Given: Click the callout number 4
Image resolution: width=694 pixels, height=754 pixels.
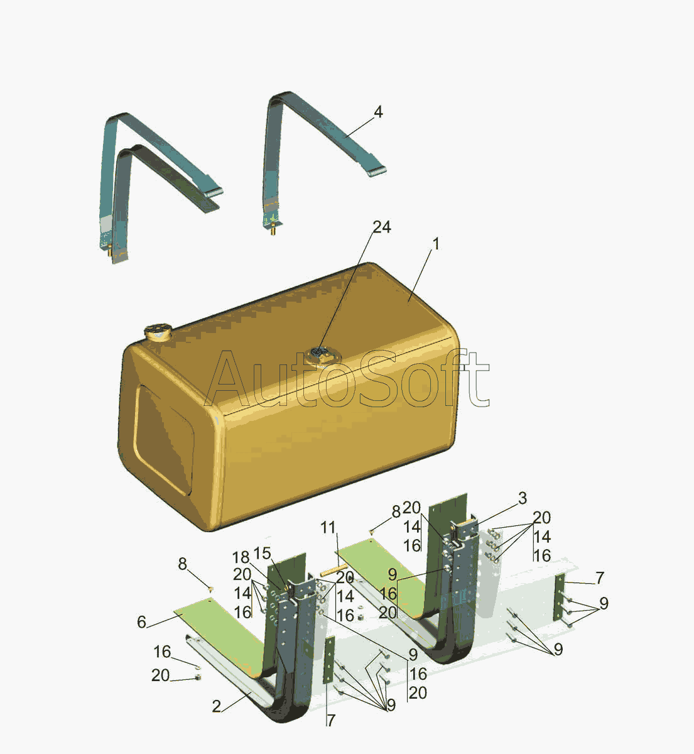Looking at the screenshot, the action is pyautogui.click(x=378, y=112).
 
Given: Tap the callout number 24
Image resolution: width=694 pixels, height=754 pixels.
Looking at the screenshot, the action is pyautogui.click(x=382, y=227).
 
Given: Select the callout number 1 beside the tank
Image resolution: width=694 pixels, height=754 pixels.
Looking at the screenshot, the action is pyautogui.click(x=436, y=244).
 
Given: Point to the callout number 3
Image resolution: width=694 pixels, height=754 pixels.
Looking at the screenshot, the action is pyautogui.click(x=523, y=498).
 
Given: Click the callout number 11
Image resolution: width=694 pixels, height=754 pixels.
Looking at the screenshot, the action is pyautogui.click(x=328, y=528).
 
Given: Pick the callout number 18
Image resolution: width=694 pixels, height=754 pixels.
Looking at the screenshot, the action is pyautogui.click(x=241, y=557).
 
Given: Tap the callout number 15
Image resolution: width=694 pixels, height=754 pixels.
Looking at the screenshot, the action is pyautogui.click(x=263, y=553).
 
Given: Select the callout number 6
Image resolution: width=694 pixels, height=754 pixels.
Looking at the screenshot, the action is pyautogui.click(x=142, y=622).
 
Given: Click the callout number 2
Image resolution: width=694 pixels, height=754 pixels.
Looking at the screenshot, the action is pyautogui.click(x=217, y=707).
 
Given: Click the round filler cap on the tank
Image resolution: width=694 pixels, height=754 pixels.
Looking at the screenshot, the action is pyautogui.click(x=158, y=332).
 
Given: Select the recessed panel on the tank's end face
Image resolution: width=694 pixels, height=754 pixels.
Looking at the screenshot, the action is pyautogui.click(x=164, y=440).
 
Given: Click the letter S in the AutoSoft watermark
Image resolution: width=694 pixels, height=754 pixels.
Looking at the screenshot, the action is pyautogui.click(x=376, y=379).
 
